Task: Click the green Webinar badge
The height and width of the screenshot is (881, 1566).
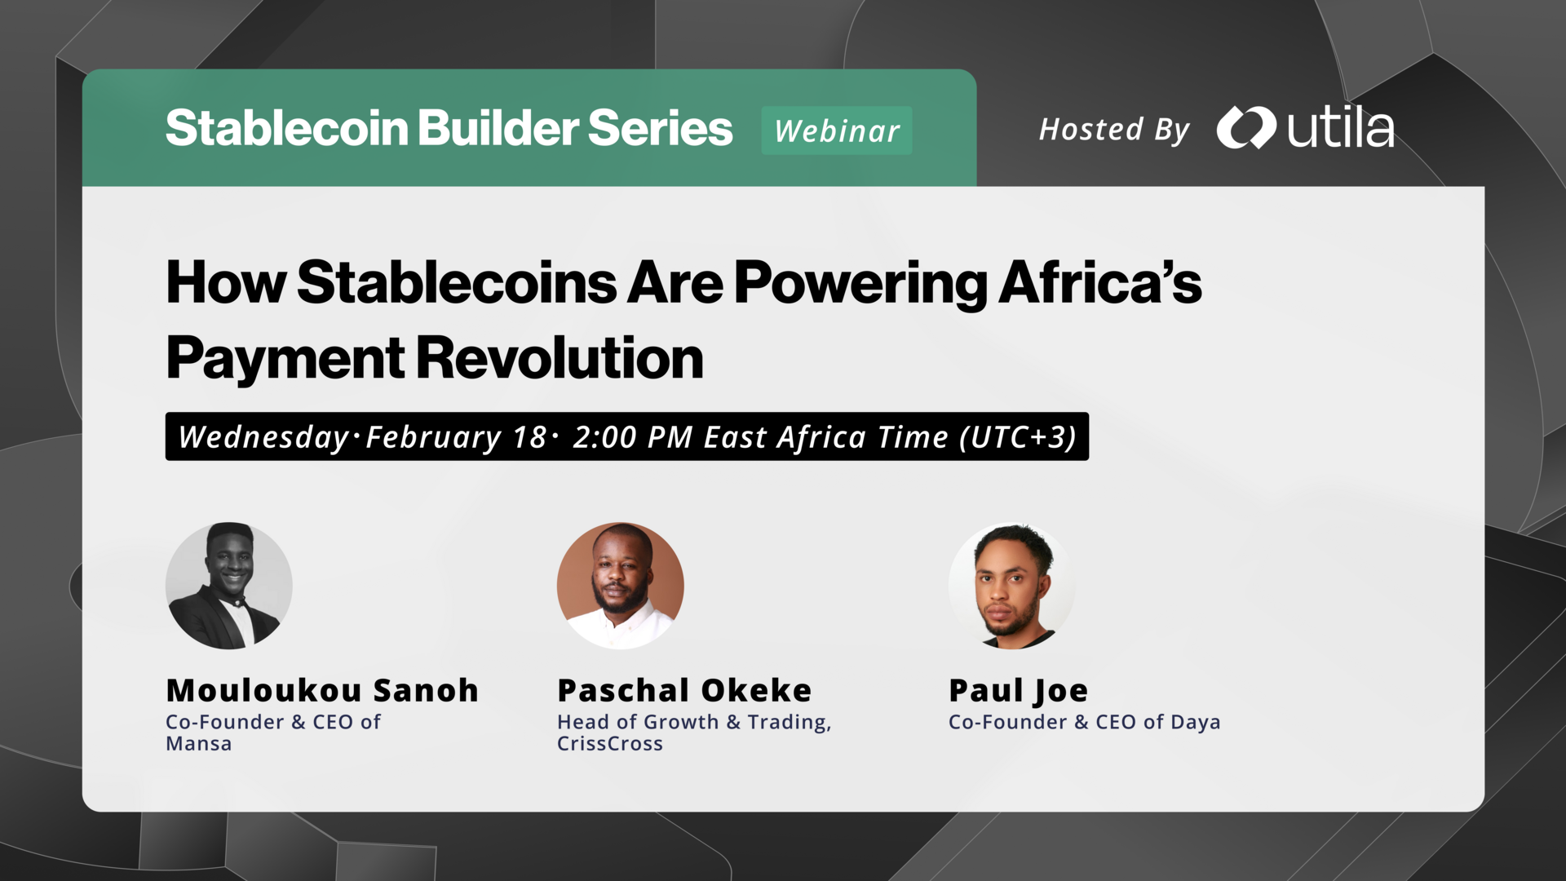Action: coord(836,131)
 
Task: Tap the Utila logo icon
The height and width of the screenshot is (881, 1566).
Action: coord(1245,128)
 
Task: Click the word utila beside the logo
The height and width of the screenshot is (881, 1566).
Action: coord(1340,129)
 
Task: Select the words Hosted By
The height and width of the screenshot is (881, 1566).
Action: coord(1114,130)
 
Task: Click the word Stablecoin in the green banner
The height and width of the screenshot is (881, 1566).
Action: coord(286,128)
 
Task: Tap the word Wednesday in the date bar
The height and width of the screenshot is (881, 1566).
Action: coord(263,437)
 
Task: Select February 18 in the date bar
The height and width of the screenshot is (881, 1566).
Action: coord(455,437)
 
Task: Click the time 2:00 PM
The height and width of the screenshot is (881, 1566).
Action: coord(632,437)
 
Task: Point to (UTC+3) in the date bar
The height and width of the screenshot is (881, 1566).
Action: coord(1018,437)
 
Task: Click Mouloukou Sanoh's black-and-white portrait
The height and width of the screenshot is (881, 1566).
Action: coord(229,586)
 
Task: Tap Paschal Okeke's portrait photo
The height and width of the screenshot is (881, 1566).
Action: coord(620,586)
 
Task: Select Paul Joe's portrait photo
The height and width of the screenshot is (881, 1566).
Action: coord(1011,586)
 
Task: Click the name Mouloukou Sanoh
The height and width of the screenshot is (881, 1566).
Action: coord(322,690)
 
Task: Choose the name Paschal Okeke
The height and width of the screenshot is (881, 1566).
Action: coord(684,690)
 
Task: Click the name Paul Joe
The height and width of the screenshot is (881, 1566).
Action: coord(1018,691)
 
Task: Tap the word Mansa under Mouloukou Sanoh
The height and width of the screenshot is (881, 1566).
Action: coord(199,744)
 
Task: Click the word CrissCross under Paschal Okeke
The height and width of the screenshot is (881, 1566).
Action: coord(610,744)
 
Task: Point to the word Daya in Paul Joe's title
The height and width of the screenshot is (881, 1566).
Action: coord(1195,723)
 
